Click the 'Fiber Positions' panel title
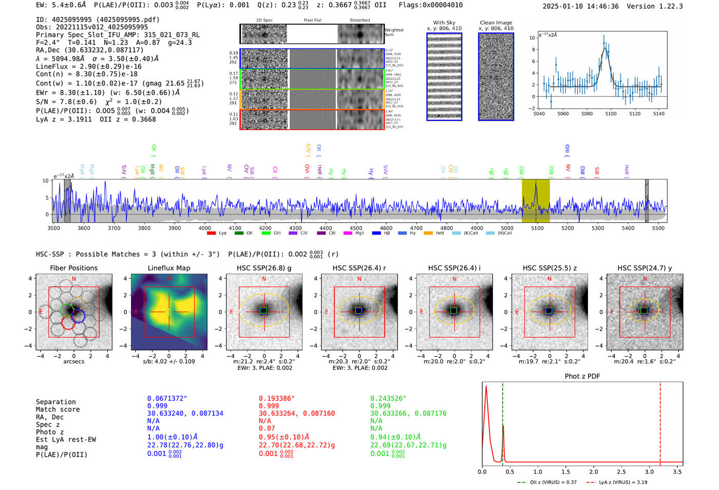click(73, 268)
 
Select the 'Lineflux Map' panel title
click(168, 268)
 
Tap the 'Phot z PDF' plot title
click(582, 376)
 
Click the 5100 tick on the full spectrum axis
click(537, 228)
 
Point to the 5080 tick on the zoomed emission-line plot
click(586, 114)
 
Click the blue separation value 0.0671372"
click(167, 398)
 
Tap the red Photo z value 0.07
click(267, 428)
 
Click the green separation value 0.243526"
click(388, 398)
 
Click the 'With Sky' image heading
click(444, 23)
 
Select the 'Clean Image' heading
click(496, 23)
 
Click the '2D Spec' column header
click(264, 21)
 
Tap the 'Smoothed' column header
click(359, 21)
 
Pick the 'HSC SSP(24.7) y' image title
click(645, 268)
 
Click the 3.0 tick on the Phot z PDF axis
click(649, 471)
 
